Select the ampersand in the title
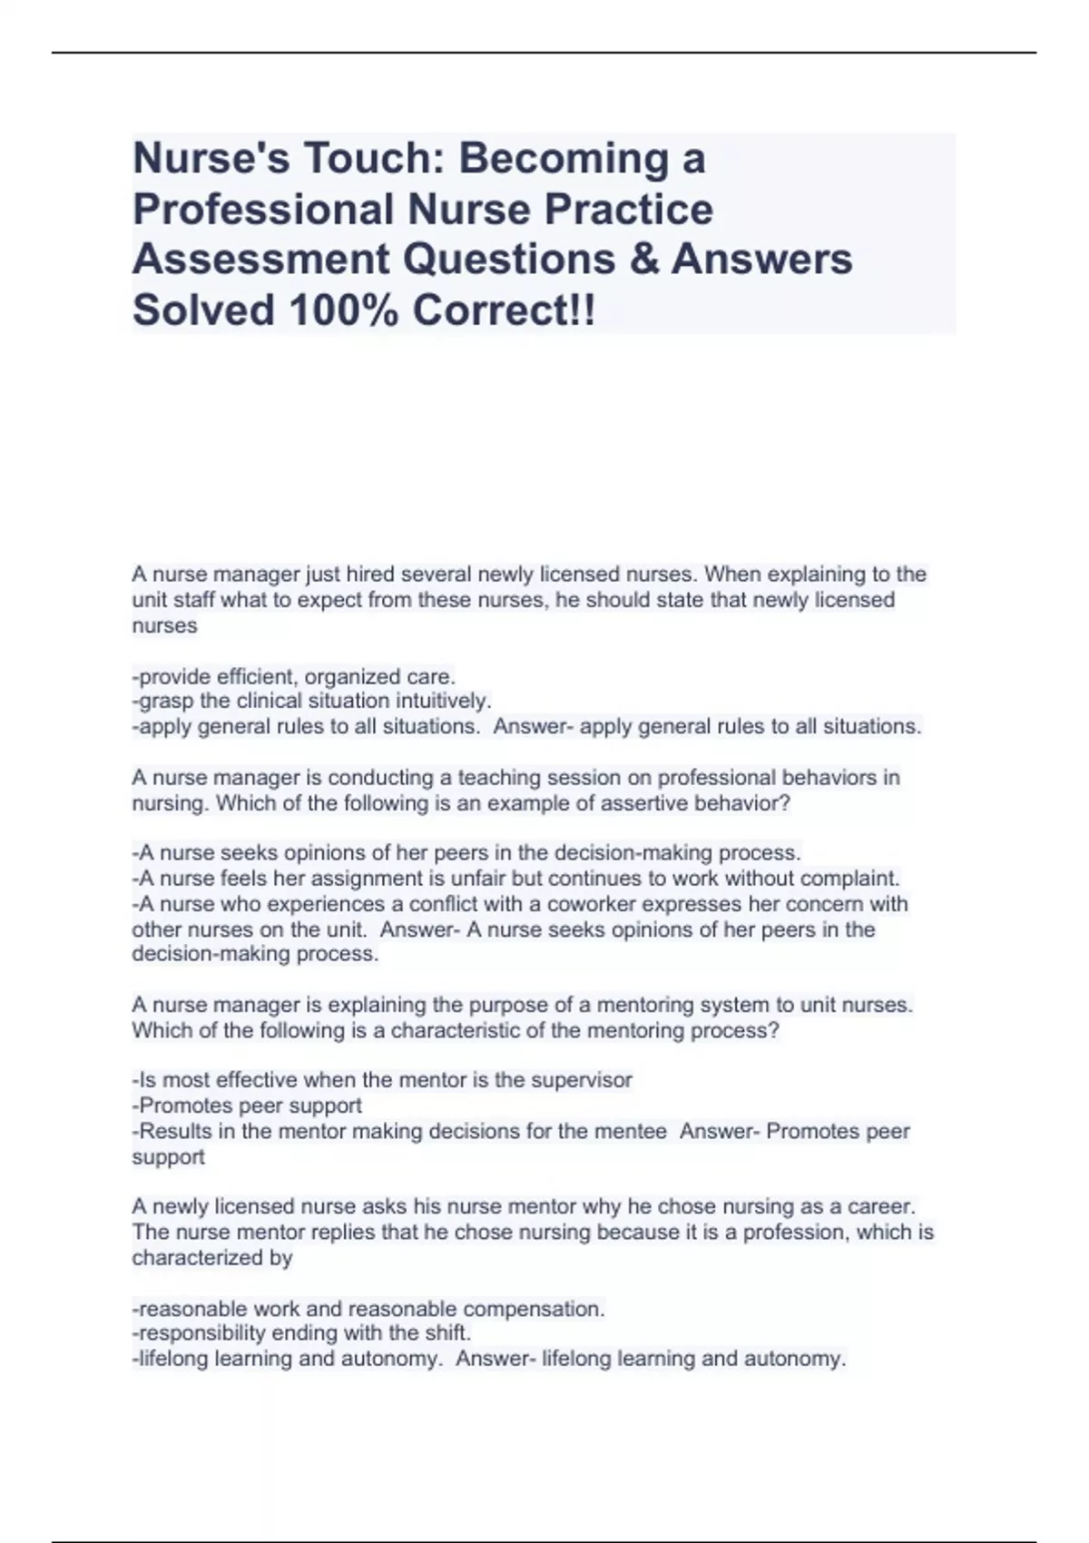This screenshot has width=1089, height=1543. tap(643, 260)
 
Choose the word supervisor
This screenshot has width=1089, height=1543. tap(581, 1080)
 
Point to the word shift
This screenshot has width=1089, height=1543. tap(446, 1333)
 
